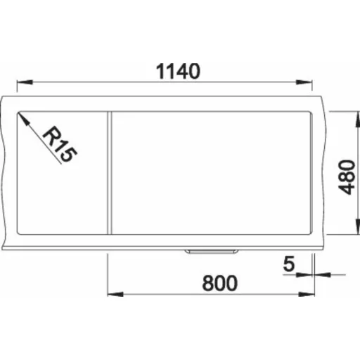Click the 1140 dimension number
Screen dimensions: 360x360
(178, 71)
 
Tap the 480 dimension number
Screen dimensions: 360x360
(347, 177)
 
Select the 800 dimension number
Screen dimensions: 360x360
(219, 283)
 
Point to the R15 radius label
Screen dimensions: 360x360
(60, 144)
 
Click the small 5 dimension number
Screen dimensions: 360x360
(288, 264)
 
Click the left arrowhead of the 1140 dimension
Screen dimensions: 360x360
(25, 82)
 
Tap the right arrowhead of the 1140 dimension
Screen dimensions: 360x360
(304, 82)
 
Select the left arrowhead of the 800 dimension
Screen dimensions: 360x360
(115, 294)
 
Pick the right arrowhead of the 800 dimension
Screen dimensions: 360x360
(307, 294)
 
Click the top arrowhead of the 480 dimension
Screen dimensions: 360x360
(358, 120)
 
